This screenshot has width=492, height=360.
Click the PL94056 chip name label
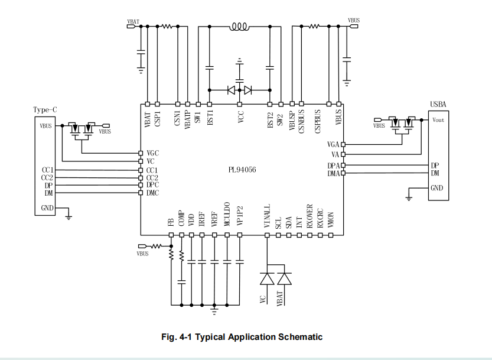[242, 169]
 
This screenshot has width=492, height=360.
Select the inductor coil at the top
[239, 27]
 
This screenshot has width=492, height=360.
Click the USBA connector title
[438, 105]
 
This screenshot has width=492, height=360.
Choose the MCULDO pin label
[227, 215]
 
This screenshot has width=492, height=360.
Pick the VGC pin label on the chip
[152, 153]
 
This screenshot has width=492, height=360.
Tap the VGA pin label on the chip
[333, 144]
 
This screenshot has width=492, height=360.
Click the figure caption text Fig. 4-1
[242, 337]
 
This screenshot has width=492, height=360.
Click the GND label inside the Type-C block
[47, 208]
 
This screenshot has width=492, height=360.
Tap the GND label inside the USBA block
[437, 189]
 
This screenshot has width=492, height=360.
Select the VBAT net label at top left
[133, 21]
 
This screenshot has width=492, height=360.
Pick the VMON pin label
[331, 220]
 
